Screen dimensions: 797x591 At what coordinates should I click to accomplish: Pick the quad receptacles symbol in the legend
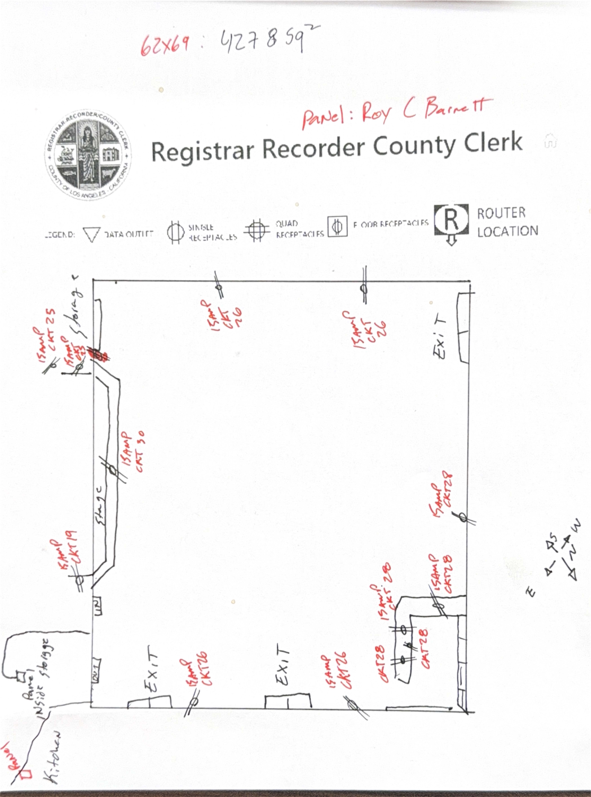point(257,230)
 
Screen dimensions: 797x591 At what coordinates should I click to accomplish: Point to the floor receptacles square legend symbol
point(337,226)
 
